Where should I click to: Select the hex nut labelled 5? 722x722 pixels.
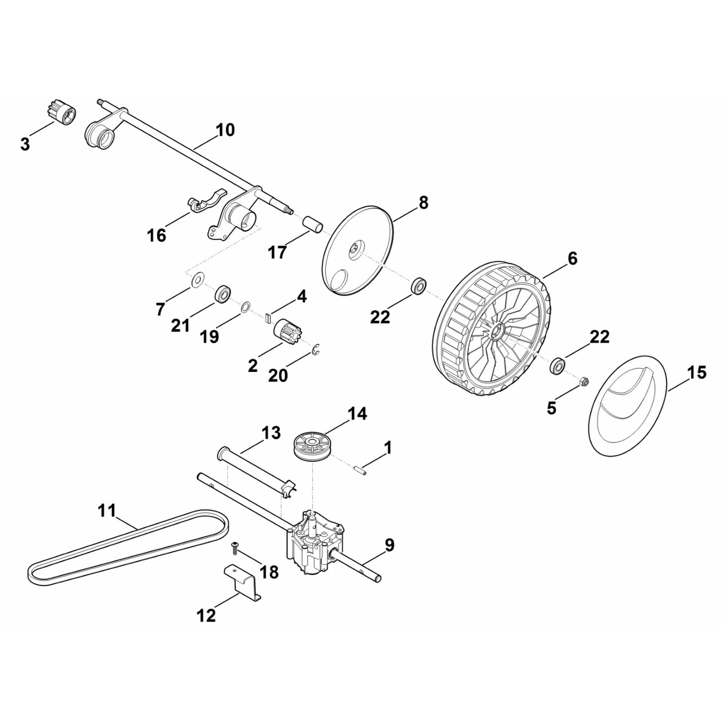[585, 382]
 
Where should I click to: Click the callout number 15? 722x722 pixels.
[696, 373]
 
